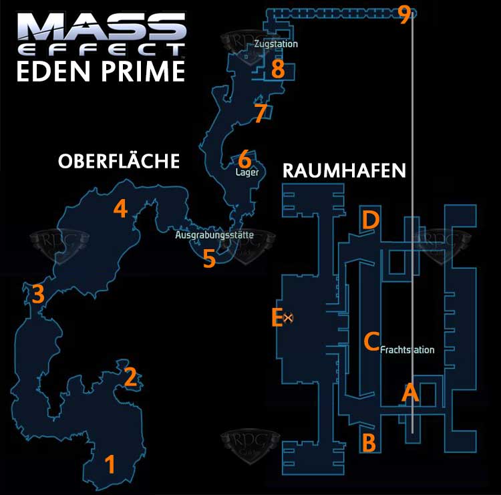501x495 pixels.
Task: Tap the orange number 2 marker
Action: click(130, 377)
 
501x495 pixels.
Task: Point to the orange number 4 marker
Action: click(120, 208)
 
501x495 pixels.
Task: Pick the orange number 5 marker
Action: click(209, 259)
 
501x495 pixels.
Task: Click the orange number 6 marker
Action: click(244, 160)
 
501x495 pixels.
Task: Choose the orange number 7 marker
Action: click(260, 114)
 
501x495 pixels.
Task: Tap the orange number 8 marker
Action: click(277, 68)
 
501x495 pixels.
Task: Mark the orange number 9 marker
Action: click(403, 15)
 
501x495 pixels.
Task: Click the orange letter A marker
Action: click(409, 393)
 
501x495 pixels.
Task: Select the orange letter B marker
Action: click(367, 442)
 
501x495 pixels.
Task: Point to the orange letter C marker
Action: click(371, 341)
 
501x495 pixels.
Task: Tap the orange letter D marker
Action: click(370, 219)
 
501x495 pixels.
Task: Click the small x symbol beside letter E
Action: click(289, 317)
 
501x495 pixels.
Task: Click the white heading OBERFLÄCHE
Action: click(119, 161)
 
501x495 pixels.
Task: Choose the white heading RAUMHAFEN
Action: click(344, 170)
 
